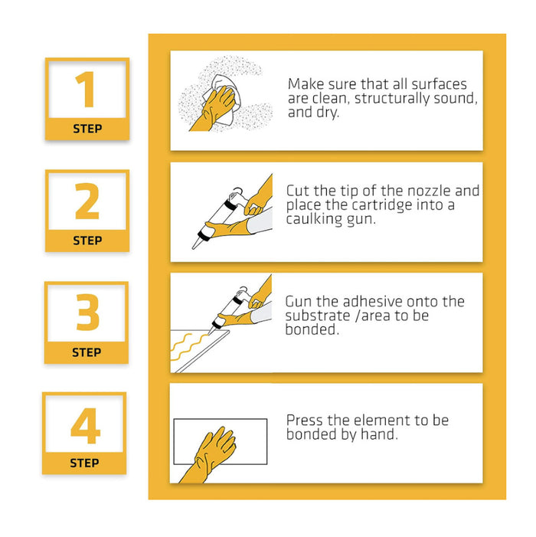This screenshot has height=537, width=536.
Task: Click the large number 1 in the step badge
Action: pos(85,89)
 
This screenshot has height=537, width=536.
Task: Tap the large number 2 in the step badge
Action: pos(87,201)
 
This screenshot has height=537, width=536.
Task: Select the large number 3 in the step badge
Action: pos(87,312)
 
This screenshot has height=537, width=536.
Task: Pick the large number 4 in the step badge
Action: pos(85,426)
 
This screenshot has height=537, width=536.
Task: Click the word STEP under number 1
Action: pos(87,129)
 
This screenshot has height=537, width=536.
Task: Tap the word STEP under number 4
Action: pos(84,463)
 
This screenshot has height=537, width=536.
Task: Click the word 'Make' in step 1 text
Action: pos(306,84)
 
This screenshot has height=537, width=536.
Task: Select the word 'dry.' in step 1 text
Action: pos(328,113)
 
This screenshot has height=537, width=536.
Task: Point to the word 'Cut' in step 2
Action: pos(298,191)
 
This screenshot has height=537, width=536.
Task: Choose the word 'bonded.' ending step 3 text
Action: pos(312,329)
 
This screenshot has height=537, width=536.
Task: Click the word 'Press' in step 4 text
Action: pos(304,421)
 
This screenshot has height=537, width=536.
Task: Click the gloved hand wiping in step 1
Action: pos(214,109)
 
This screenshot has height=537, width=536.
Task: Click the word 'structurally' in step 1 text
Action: pos(392,99)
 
